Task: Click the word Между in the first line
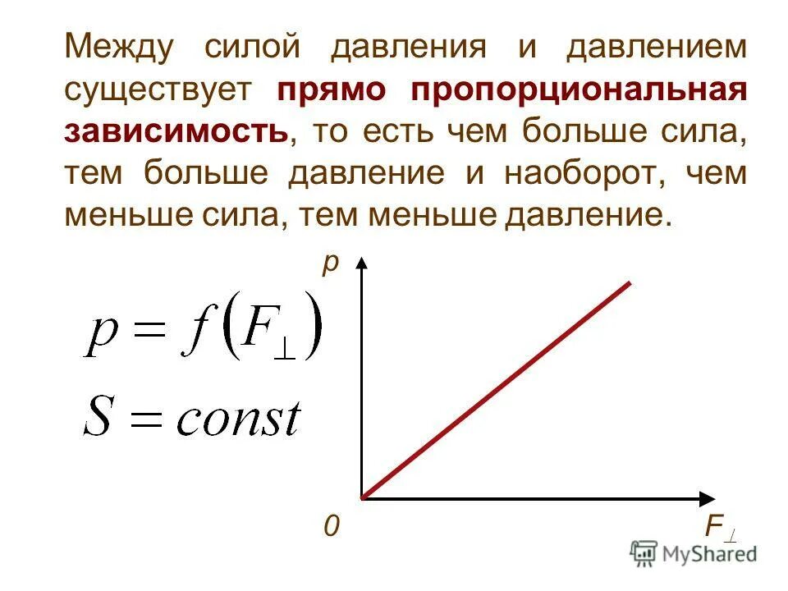coord(119,47)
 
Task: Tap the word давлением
coord(657,47)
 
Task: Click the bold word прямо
coord(331,89)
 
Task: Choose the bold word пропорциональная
coord(580,89)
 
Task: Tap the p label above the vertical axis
coord(330,264)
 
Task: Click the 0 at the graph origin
coord(331,526)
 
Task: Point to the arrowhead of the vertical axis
coord(362,262)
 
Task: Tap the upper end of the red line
coord(628,284)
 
